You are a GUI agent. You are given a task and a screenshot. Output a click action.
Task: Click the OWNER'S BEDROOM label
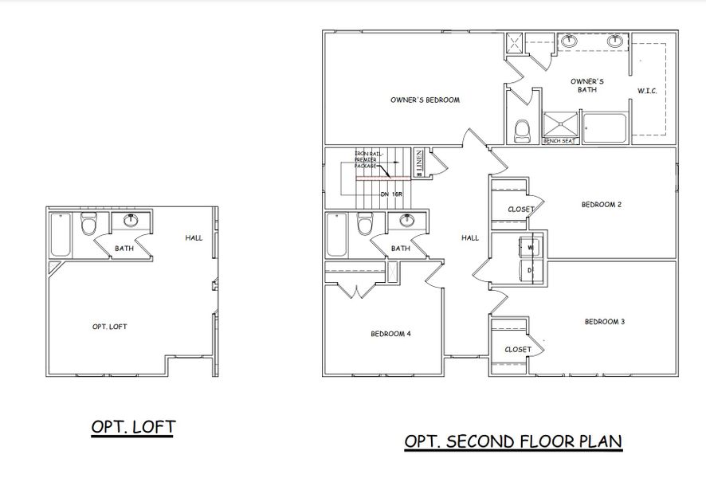426,100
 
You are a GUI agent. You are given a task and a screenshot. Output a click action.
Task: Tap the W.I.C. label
646,92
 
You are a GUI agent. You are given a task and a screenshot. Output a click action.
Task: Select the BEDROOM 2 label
601,205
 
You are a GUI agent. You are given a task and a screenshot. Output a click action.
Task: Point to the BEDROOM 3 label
604,322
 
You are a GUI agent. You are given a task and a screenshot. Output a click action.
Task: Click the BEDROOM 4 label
390,334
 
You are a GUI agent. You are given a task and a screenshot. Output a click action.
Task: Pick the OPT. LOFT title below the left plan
133,427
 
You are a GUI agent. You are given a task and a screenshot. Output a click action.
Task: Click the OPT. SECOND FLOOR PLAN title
513,441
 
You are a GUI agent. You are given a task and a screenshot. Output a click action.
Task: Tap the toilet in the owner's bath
523,130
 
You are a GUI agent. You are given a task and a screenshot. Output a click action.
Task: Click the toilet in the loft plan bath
88,227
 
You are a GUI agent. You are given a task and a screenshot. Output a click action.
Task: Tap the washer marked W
530,246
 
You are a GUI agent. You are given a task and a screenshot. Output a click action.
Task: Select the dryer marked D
530,272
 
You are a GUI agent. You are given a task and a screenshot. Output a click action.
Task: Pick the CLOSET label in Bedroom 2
520,210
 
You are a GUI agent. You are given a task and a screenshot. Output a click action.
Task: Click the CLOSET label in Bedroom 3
518,349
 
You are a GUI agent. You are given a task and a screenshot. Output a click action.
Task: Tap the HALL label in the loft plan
194,237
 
